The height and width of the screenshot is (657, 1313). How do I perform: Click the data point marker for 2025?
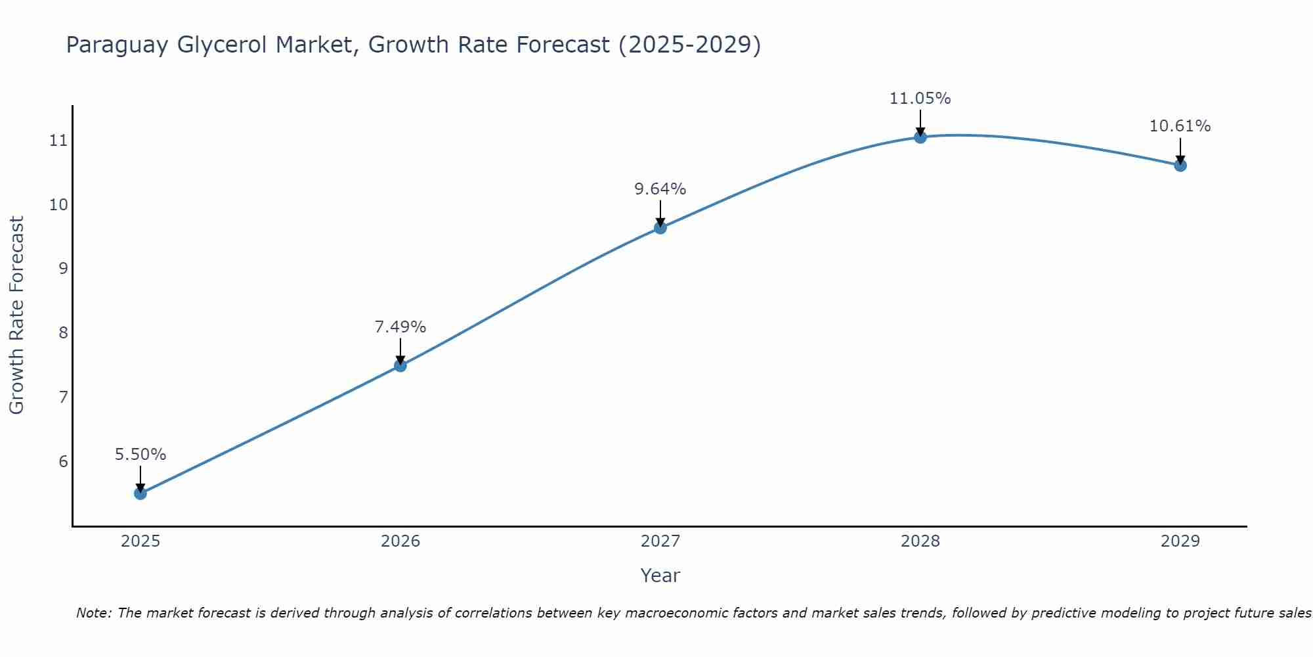[140, 493]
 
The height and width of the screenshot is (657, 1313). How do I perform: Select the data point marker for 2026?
[400, 365]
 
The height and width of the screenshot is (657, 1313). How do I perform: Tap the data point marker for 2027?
[660, 227]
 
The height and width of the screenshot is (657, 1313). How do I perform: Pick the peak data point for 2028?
[920, 137]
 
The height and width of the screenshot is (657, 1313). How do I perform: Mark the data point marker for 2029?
[1180, 165]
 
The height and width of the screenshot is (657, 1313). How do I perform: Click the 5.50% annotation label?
[140, 455]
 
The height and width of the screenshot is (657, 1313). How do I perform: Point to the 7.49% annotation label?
[400, 327]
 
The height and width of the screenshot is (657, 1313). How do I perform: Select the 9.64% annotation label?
[660, 189]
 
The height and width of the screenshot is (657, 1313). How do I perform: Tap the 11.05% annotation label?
[920, 99]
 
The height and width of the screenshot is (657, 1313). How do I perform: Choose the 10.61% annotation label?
[1180, 126]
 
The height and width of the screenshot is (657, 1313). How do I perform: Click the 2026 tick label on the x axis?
[400, 541]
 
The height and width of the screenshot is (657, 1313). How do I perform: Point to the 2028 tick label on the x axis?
[920, 541]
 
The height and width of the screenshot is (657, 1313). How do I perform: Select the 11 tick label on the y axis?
[58, 141]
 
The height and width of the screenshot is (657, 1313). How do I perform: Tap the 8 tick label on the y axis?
[63, 332]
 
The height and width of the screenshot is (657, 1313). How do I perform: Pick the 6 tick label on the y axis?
[63, 461]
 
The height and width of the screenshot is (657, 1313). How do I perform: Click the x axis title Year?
[660, 576]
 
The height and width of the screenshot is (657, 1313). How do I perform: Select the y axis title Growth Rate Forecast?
[17, 315]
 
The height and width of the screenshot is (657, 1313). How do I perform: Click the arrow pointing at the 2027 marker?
[660, 214]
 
